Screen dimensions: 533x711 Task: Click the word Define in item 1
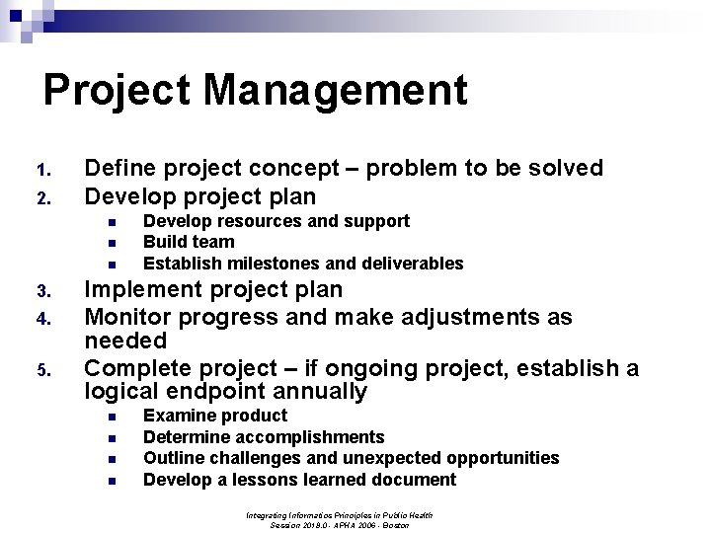coord(118,168)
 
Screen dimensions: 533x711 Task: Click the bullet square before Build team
coord(113,243)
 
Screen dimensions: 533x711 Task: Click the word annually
coord(317,392)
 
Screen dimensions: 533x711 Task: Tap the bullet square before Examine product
coord(113,417)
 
